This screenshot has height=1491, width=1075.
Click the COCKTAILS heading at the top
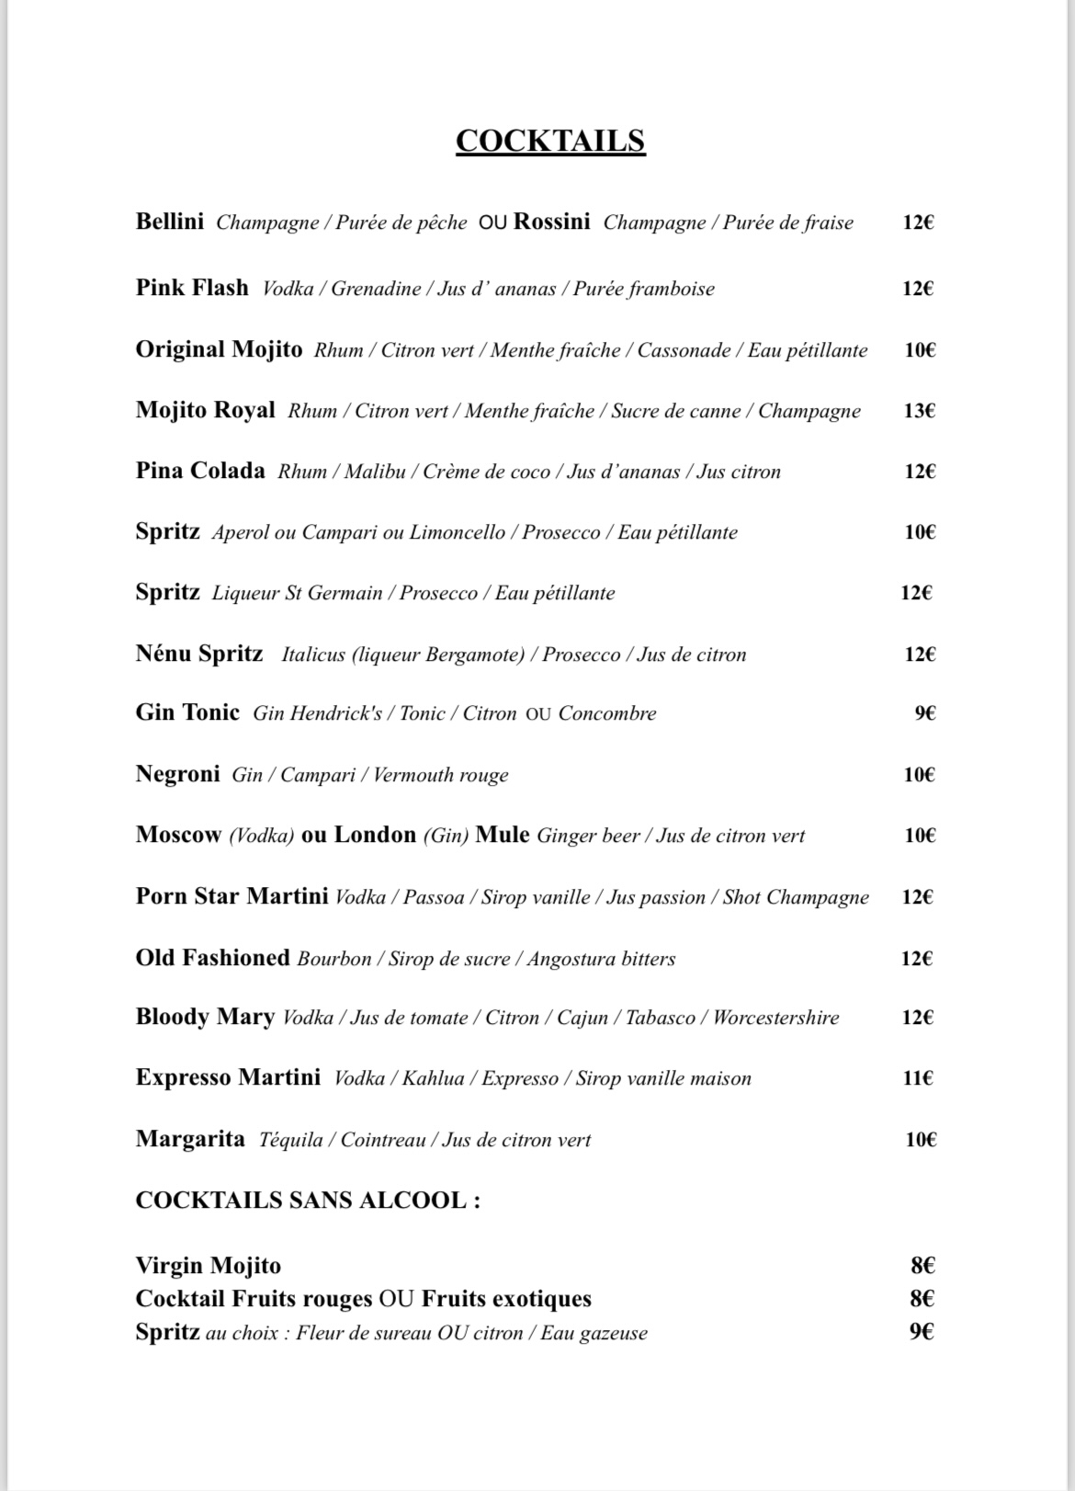coord(550,141)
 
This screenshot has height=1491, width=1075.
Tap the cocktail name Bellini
coord(170,222)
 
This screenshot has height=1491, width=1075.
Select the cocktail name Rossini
coord(551,222)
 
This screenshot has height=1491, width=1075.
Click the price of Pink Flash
coord(918,289)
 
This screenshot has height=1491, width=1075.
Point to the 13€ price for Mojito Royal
coord(919,411)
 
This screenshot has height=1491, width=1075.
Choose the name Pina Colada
coord(200,472)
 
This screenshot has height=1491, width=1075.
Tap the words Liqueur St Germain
coord(297,593)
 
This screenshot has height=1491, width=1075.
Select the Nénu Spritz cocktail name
coord(199,654)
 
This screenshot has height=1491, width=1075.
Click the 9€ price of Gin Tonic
coord(924,713)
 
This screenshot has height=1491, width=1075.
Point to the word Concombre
coord(607,713)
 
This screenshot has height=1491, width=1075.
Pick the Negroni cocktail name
coord(177,774)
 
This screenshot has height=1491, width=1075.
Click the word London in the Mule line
coord(375,835)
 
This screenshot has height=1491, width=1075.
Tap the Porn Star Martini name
coord(232,896)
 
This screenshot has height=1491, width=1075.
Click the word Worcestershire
coord(775,1018)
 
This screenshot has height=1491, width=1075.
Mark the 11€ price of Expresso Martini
coord(918,1078)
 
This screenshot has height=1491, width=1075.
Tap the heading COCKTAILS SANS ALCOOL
coord(308,1201)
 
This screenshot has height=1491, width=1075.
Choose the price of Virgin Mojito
coord(922,1266)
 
